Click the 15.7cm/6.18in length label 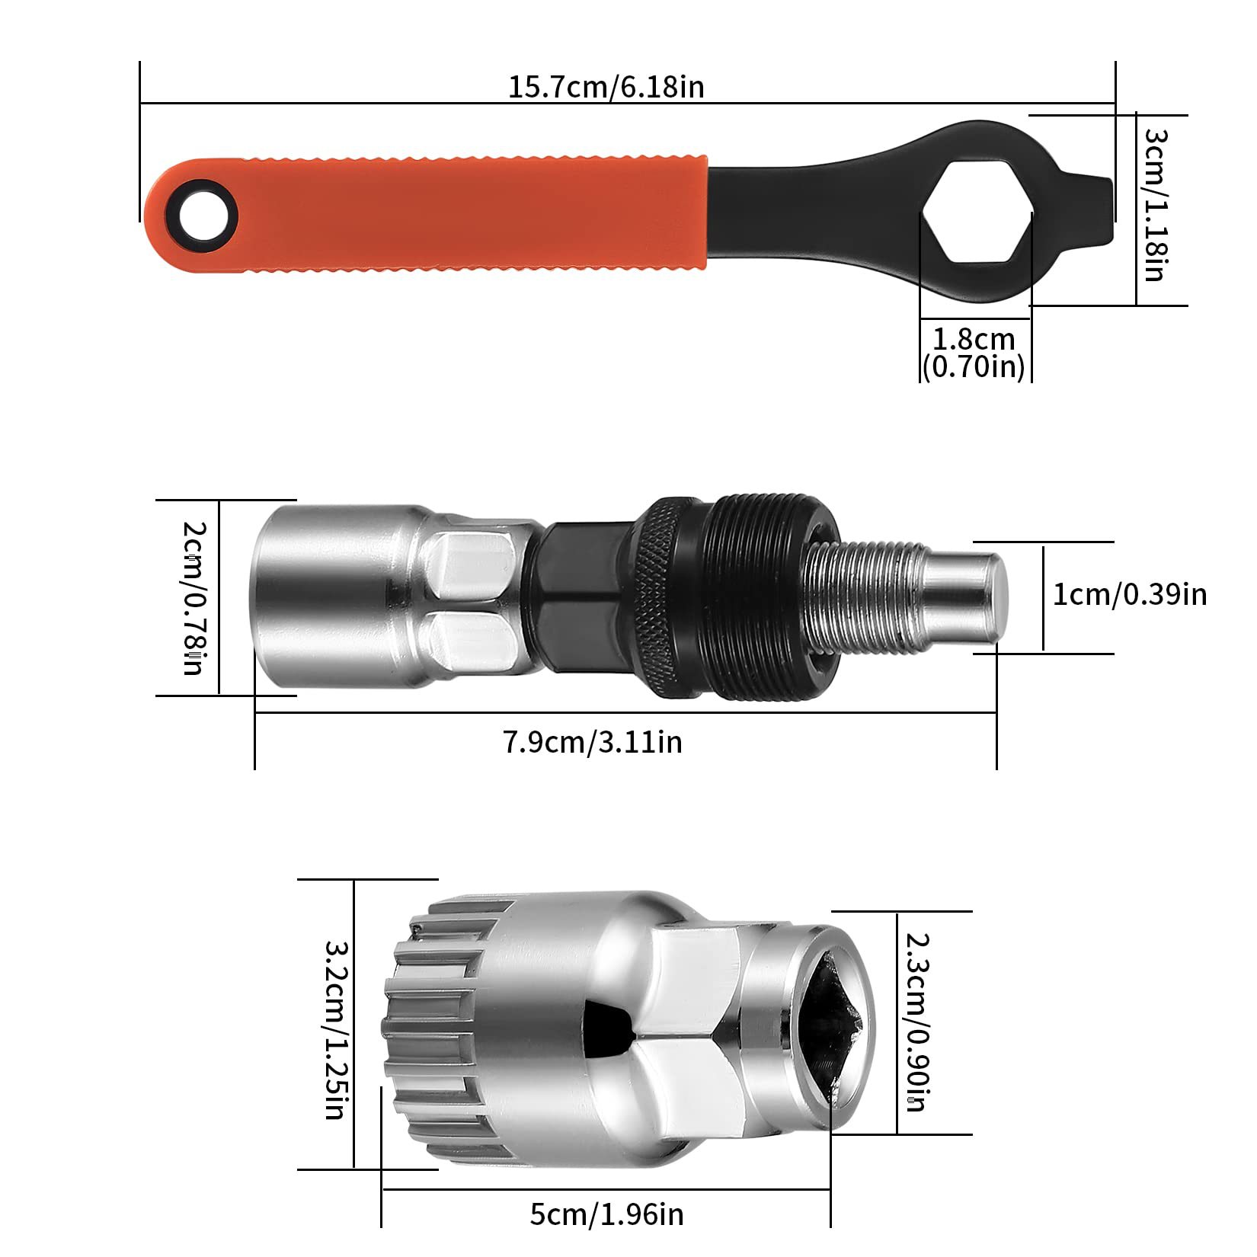(x=606, y=87)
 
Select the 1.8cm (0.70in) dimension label (x=974, y=352)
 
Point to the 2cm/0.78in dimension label (x=194, y=597)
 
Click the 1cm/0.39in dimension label (x=1130, y=594)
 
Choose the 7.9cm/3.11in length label (x=592, y=741)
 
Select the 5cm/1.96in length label (x=606, y=1214)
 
